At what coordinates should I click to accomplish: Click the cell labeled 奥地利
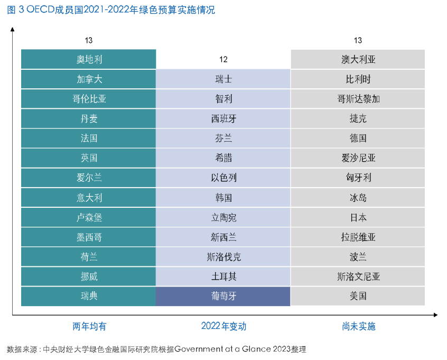[89, 59]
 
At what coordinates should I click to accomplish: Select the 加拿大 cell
[89, 79]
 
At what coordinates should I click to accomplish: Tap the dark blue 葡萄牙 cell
[224, 296]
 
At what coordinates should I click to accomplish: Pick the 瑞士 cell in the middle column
[224, 79]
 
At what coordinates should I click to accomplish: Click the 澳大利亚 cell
[358, 59]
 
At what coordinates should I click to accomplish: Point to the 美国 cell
[358, 296]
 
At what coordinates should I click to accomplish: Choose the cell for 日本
[358, 217]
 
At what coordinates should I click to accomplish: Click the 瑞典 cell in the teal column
[89, 296]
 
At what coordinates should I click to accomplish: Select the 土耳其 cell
[224, 276]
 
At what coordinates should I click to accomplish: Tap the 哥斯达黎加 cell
[358, 99]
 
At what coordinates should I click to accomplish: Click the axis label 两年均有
[89, 326]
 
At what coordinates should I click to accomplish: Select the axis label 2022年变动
[224, 326]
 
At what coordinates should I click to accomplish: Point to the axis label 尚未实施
[358, 326]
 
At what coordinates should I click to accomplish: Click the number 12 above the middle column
[224, 60]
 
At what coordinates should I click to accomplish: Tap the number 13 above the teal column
[89, 40]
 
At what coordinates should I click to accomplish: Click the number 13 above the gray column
[358, 40]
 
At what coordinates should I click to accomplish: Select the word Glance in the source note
[255, 349]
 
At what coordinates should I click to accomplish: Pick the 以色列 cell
[224, 178]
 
